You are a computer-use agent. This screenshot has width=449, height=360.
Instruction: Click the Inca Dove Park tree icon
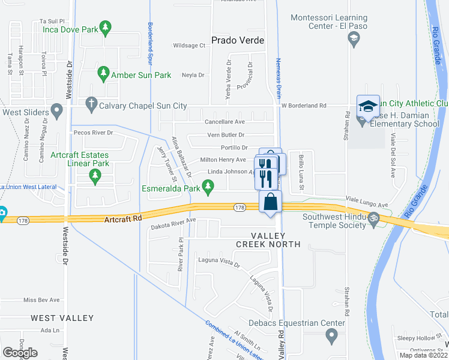pos(106,27)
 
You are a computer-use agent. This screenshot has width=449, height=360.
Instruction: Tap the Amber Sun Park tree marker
pos(103,74)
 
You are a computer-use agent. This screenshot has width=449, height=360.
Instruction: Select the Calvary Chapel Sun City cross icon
pos(91,103)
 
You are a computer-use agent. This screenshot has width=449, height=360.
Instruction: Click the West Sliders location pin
pos(56,110)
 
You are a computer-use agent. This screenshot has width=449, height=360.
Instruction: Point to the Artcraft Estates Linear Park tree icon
pos(94,175)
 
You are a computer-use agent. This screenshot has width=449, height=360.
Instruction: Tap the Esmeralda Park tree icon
pos(208,190)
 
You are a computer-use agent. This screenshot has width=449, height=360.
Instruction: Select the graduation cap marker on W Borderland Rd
pos(368,106)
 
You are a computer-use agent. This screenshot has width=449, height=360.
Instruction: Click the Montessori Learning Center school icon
pos(354,40)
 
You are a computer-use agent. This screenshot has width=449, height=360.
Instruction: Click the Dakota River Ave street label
pos(174,220)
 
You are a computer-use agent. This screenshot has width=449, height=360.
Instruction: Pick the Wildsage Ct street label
pos(189,46)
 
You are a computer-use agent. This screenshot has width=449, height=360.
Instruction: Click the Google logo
pos(20,353)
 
